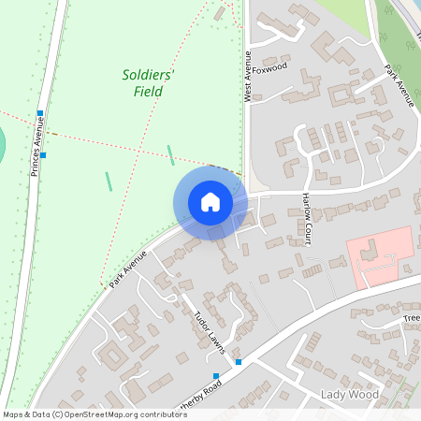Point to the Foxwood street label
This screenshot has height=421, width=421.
(x=269, y=67)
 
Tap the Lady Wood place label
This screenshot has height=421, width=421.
(x=350, y=395)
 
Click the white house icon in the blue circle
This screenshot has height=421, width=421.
(x=210, y=202)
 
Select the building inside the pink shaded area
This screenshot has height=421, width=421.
(x=369, y=250)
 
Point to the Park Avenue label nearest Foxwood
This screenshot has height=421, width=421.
(x=399, y=86)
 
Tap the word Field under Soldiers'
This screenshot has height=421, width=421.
(x=148, y=92)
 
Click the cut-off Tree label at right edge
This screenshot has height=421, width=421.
(x=412, y=319)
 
